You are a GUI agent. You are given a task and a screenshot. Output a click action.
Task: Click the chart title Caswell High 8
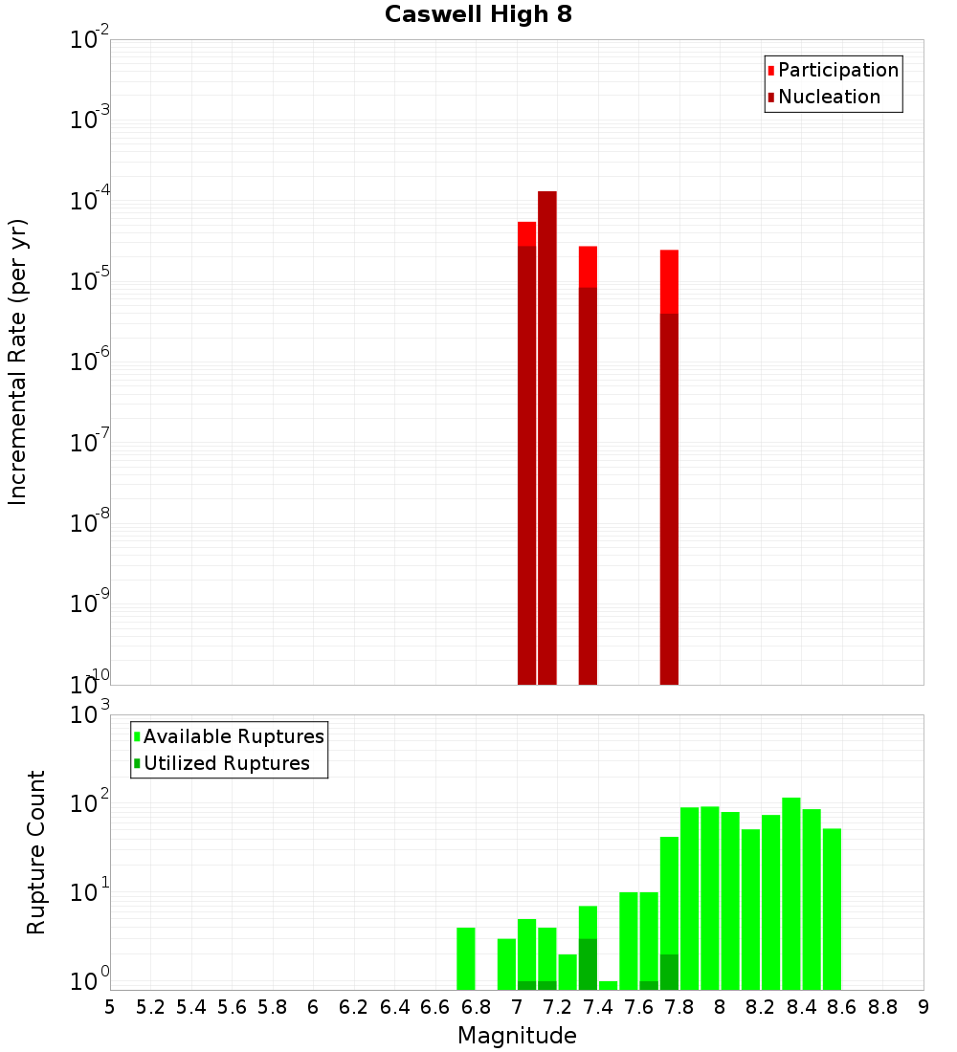click(478, 15)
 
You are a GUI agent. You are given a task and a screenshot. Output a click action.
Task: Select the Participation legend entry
click(837, 70)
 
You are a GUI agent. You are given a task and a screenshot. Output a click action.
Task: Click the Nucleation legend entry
click(829, 97)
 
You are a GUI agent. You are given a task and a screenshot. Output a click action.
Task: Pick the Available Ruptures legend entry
click(233, 736)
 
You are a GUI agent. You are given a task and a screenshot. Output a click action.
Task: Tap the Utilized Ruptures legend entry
click(226, 763)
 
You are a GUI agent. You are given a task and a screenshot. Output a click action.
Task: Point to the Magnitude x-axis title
click(517, 1036)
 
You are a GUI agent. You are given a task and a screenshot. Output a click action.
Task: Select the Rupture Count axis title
click(36, 852)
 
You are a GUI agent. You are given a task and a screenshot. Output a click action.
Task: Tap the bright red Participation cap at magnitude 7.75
click(669, 281)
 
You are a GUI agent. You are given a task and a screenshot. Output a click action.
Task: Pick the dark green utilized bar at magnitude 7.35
click(588, 964)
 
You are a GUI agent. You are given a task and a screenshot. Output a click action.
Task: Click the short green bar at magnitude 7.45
click(608, 985)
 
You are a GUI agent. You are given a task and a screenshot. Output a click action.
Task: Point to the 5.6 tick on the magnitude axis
click(232, 1007)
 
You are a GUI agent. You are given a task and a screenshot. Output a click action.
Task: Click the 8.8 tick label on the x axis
click(882, 1007)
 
